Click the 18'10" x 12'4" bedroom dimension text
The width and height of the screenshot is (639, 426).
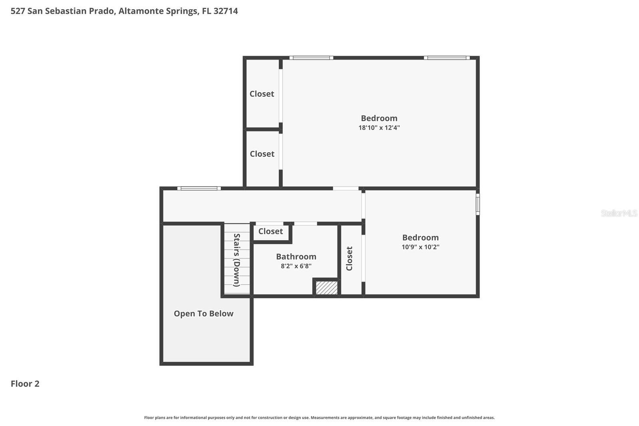coord(379,127)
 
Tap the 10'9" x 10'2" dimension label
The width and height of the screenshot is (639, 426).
coord(421,247)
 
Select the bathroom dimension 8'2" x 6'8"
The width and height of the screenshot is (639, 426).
coord(296,266)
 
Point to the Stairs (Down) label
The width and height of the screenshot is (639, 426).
coord(237,260)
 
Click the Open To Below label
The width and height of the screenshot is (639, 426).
coord(204,313)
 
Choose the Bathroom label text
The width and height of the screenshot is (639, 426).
coord(296,257)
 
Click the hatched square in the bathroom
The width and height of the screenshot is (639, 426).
coord(327,288)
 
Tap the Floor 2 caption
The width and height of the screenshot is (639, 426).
coord(25,384)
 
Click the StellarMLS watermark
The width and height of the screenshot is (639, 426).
coord(619,213)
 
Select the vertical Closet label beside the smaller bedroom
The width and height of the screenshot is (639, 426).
coord(349,259)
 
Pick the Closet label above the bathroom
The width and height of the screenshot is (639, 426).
coord(270,231)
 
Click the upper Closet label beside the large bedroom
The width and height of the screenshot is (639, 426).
coord(262,94)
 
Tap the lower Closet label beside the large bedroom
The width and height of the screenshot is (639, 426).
coord(262,154)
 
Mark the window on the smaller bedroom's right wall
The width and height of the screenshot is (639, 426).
coord(478,205)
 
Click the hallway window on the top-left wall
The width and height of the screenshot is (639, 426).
coord(199,189)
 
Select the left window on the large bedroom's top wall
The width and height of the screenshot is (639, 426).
coord(312,58)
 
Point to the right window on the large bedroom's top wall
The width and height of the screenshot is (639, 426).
coord(447,58)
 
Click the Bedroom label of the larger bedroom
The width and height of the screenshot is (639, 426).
coord(379,118)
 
